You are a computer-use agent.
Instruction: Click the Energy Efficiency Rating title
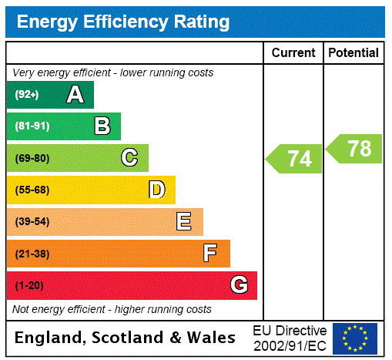[123, 22]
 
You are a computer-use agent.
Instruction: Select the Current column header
[293, 53]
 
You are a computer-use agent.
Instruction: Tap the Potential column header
[353, 53]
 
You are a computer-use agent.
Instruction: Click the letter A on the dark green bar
[75, 95]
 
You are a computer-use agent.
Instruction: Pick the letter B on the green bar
[102, 126]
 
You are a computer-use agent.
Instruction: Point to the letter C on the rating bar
[129, 158]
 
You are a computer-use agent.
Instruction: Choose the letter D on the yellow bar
[157, 190]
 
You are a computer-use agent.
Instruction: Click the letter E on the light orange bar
[184, 222]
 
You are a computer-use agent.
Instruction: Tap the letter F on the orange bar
[210, 254]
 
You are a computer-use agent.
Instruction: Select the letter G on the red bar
[239, 285]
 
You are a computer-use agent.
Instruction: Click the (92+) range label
[27, 95]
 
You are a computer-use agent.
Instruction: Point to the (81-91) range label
[32, 126]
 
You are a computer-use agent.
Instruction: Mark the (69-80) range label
[32, 158]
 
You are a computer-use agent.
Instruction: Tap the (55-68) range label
[32, 190]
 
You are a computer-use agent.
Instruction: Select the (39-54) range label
[32, 222]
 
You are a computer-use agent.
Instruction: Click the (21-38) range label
[32, 254]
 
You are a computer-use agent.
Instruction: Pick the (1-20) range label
[29, 285]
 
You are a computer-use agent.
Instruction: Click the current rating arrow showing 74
[295, 159]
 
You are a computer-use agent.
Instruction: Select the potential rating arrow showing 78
[355, 149]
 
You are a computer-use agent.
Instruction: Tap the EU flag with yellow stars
[355, 338]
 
